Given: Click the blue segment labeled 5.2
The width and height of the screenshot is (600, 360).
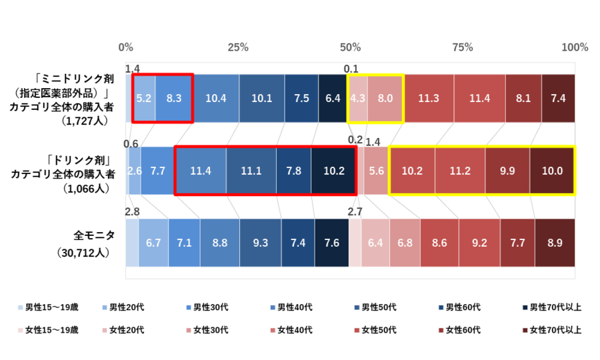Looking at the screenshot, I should point(144,98).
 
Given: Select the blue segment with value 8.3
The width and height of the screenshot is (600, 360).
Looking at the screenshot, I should point(174,98).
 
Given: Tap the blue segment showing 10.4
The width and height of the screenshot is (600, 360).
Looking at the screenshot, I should point(216,98).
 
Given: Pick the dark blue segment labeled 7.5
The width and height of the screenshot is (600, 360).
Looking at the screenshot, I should point(301,98).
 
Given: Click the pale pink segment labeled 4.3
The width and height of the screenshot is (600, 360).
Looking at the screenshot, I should point(358,98).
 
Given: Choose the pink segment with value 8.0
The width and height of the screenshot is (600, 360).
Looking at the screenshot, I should point(385,98).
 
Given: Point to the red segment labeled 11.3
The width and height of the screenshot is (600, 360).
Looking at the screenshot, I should point(429,98).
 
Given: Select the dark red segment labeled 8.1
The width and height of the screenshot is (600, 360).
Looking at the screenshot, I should point(523,98).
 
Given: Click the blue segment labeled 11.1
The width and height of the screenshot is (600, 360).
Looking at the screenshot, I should point(251,171).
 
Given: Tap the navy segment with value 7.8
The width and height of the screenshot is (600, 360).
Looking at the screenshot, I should point(293,171).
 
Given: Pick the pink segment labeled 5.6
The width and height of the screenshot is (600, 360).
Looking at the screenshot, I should point(377,171).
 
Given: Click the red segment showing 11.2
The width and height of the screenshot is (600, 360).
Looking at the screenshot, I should point(460,171).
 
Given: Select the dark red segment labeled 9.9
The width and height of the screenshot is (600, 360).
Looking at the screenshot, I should point(507,171).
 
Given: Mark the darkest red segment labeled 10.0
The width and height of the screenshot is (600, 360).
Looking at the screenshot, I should point(552,171).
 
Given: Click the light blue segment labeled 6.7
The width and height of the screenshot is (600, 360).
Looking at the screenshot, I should point(153,243).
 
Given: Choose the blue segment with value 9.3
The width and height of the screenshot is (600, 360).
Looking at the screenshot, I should point(260,243).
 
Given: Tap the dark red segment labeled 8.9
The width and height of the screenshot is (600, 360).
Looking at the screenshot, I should point(555,243).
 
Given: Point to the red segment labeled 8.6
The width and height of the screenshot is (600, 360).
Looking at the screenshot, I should point(439,243).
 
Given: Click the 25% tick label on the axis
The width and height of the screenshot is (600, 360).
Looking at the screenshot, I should point(238,47).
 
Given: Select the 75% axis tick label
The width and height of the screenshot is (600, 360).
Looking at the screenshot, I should point(462,47).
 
